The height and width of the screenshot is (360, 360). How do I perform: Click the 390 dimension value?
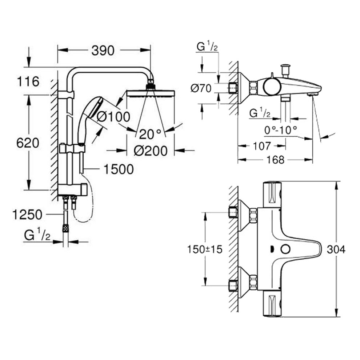pos(103,51)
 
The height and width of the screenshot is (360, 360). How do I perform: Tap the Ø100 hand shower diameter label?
pos(113,117)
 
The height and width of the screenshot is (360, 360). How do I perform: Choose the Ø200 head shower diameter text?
pos(150,150)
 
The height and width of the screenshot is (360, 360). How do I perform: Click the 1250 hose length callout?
pos(27,215)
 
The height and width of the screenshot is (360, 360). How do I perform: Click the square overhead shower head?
pos(151,93)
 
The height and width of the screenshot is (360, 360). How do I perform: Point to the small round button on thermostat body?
pos(285,249)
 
